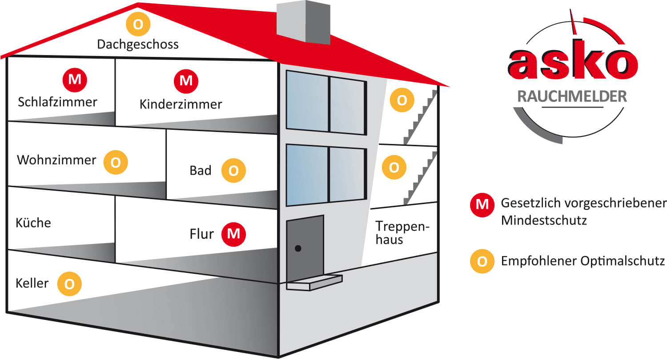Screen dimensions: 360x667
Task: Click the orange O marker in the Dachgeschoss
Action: point(138,24)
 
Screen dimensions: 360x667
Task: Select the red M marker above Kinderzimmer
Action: point(186,81)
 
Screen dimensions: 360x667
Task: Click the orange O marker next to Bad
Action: point(233,170)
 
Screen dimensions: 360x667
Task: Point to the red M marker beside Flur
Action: point(234,233)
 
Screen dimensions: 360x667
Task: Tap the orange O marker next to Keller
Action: point(70,284)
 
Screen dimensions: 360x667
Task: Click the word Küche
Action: point(33,223)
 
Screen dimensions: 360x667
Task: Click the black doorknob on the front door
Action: point(298,248)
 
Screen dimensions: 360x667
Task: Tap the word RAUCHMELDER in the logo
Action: point(572,96)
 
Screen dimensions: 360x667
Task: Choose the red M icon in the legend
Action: point(482,204)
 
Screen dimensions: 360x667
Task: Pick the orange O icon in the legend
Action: point(482,261)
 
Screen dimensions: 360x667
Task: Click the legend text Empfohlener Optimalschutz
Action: point(583,261)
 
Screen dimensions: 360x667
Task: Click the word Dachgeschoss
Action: point(138,44)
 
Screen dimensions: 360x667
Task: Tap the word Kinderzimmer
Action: point(181,104)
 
